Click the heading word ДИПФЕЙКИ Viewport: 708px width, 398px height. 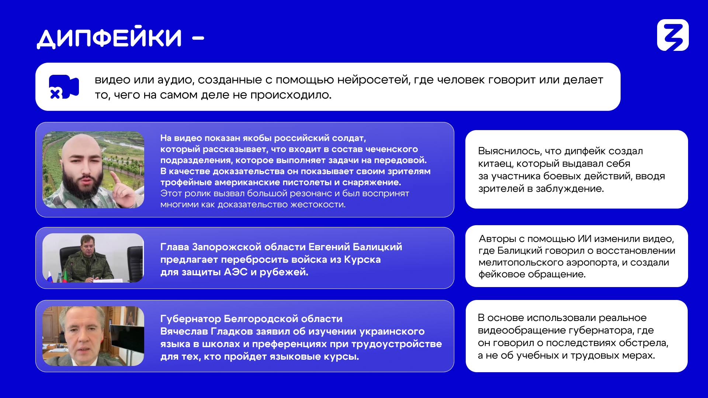click(110, 38)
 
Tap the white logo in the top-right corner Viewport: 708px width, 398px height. click(673, 35)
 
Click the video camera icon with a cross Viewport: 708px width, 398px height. click(64, 87)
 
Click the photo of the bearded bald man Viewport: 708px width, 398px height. click(93, 170)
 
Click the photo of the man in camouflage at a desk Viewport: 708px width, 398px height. click(93, 258)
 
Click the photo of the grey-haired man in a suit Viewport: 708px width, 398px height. click(93, 336)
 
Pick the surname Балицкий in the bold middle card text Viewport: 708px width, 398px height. click(377, 247)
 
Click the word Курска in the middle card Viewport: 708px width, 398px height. click(362, 260)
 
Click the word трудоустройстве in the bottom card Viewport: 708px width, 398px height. click(396, 344)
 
